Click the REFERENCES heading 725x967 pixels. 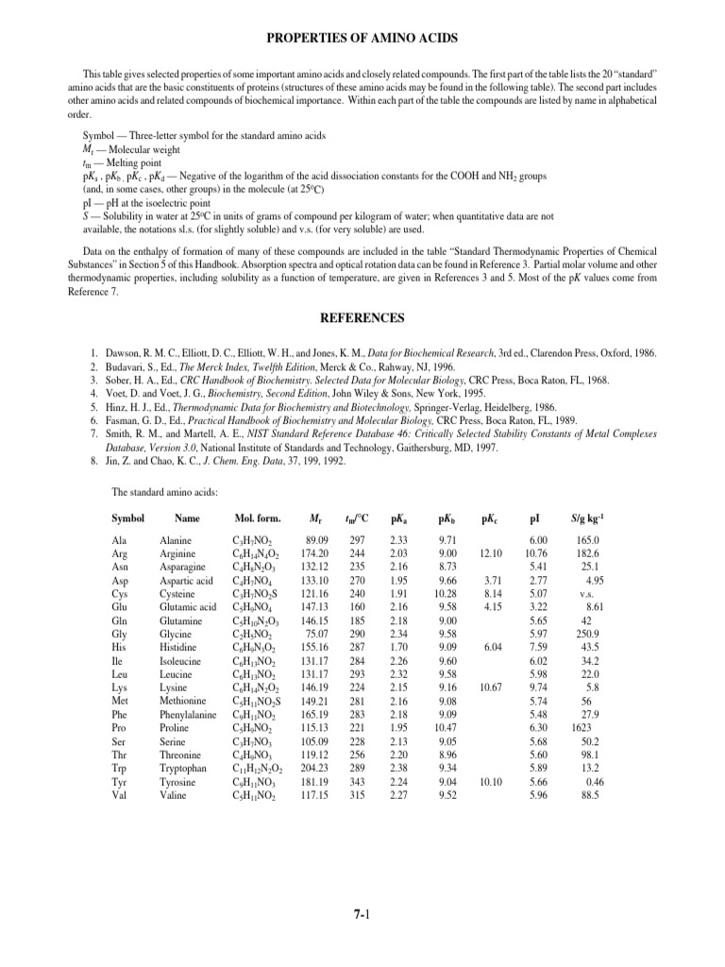point(362,318)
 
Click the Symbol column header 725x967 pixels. point(127,518)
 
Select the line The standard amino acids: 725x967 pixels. point(165,492)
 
